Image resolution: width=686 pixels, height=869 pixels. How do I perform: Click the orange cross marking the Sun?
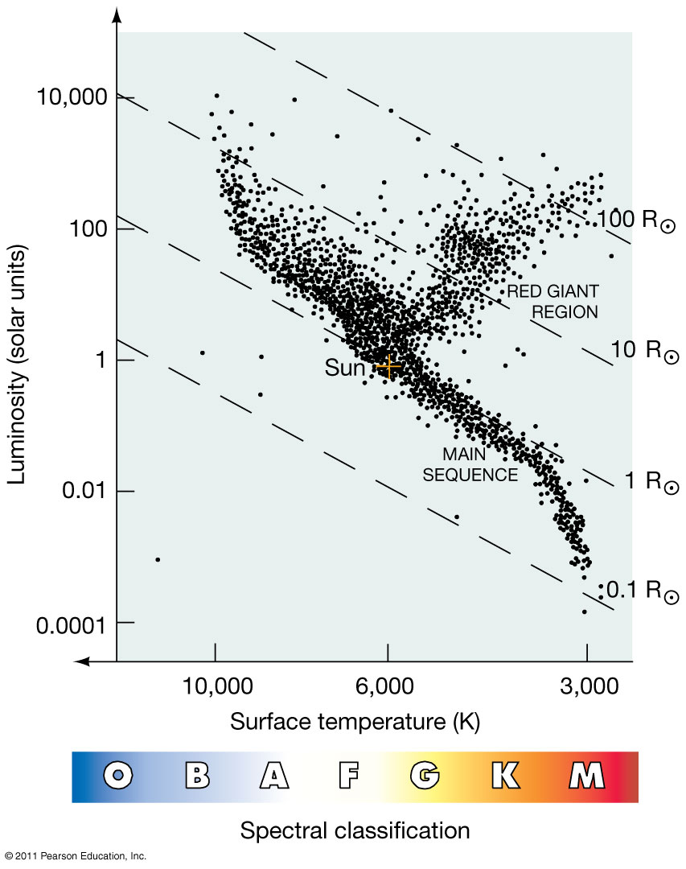(x=388, y=366)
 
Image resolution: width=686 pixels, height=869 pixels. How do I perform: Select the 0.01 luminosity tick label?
(x=84, y=491)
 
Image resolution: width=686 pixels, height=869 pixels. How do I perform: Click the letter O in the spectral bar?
(x=119, y=776)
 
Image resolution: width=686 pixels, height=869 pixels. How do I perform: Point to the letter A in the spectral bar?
(x=273, y=776)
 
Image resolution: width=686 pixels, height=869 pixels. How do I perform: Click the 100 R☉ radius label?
(x=635, y=220)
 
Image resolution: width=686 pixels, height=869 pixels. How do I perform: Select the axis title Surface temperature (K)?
(x=355, y=722)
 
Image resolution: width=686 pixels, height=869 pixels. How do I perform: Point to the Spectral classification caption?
(x=355, y=830)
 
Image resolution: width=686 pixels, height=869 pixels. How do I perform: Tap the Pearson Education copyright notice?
(x=74, y=856)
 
